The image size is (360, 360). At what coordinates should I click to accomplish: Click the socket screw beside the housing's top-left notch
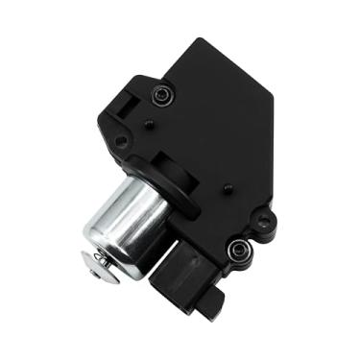162,96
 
